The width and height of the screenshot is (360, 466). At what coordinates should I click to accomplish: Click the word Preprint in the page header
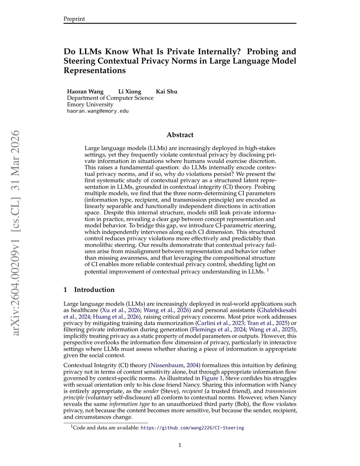[x=74, y=19]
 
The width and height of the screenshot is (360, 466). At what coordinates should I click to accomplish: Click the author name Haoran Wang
[x=85, y=91]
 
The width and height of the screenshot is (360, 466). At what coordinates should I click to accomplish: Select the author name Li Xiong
[x=130, y=91]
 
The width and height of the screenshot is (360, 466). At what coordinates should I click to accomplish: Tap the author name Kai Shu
[x=167, y=91]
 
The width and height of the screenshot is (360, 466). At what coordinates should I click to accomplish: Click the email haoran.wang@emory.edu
[x=98, y=111]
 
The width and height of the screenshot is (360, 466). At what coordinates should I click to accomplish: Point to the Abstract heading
[x=180, y=135]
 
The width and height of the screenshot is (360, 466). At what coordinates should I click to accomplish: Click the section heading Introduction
[x=94, y=290]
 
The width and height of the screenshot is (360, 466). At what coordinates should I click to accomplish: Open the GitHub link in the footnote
[x=192, y=428]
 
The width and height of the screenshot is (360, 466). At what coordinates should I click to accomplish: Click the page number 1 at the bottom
[x=180, y=445]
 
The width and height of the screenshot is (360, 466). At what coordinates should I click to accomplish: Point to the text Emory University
[x=90, y=104]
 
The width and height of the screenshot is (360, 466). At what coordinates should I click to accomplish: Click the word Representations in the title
[x=95, y=70]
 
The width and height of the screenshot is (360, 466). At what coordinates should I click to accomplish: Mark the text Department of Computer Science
[x=110, y=98]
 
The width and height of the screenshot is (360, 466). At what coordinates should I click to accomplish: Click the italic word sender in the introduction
[x=151, y=391]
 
